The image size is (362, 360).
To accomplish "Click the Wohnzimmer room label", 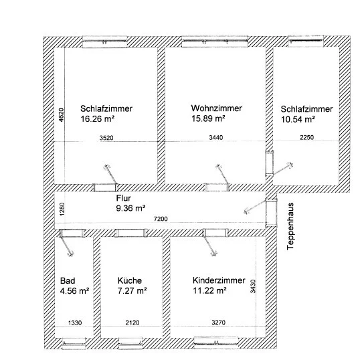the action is (217, 108).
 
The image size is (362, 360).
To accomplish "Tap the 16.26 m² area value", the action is (98, 119).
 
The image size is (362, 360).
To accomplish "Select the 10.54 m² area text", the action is (298, 119).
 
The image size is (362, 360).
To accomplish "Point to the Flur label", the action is (124, 198).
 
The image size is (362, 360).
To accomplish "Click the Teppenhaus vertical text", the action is (290, 226).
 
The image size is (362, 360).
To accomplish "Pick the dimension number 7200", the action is (161, 219).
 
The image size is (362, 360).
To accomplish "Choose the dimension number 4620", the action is (61, 115).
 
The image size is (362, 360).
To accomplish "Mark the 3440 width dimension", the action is (216, 138).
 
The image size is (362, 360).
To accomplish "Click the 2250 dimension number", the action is (307, 138).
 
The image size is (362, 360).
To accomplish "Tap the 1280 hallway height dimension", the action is (62, 209).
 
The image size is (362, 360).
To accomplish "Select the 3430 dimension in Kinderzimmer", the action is (253, 286).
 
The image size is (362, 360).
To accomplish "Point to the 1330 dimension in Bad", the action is (75, 323).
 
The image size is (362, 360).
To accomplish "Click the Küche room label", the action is (130, 280).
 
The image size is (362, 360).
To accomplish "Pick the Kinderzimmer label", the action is (219, 280).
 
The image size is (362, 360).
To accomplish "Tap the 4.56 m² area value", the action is (74, 290).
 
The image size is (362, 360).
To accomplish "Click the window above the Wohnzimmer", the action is (215, 41).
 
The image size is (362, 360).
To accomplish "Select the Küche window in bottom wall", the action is (130, 343).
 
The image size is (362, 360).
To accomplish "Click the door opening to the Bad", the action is (72, 234).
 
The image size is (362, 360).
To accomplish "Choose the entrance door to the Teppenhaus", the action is (271, 212).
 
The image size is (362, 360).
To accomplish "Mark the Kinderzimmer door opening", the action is (215, 233).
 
